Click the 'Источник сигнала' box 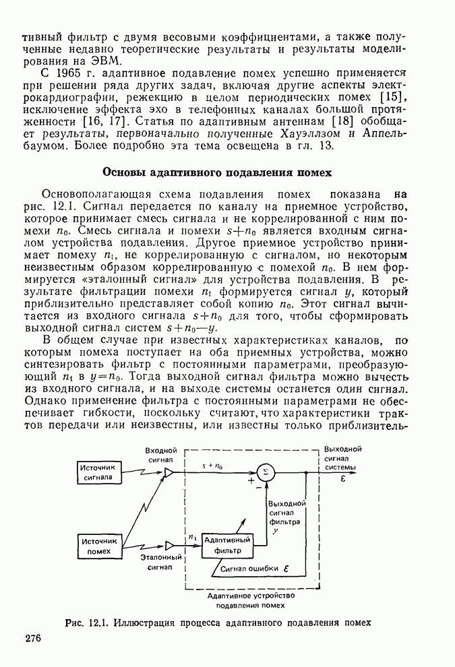(98, 473)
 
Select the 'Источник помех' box (98, 545)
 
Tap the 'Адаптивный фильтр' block (227, 545)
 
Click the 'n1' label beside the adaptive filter (192, 537)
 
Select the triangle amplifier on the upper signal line (169, 473)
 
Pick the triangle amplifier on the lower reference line (169, 545)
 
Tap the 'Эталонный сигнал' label (161, 563)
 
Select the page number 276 (34, 639)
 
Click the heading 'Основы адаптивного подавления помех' (216, 172)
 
